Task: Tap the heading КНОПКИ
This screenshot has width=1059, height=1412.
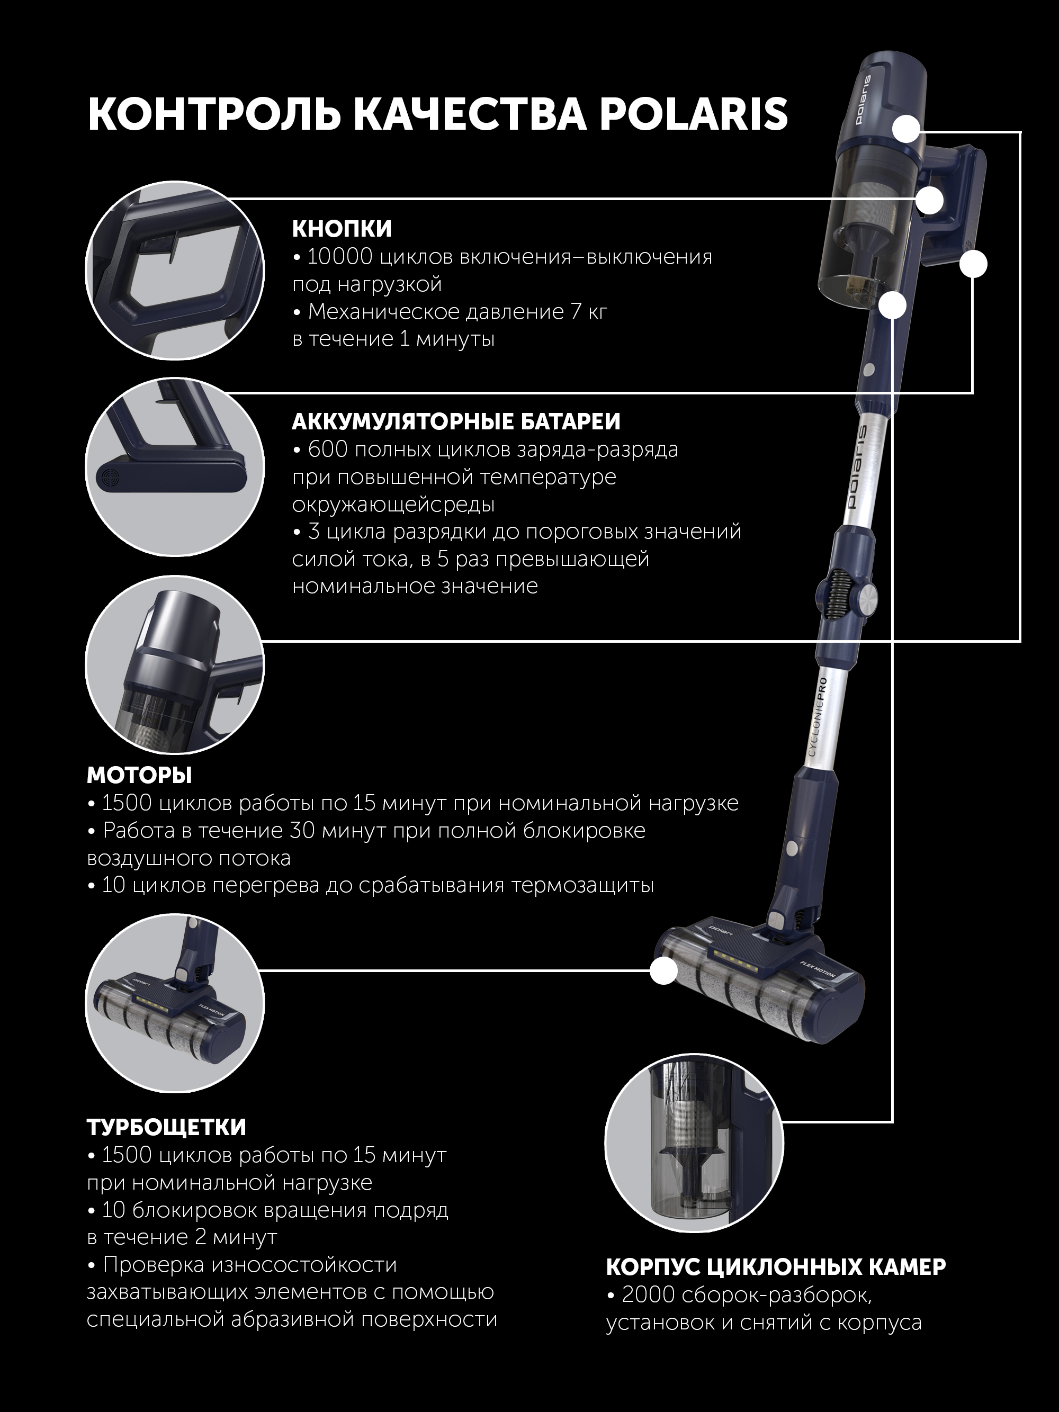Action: coord(342,229)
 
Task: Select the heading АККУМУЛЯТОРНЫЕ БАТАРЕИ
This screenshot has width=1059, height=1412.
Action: coord(456,422)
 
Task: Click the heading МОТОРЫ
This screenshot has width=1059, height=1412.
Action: coord(139,776)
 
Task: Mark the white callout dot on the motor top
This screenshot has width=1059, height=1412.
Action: coord(907,130)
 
